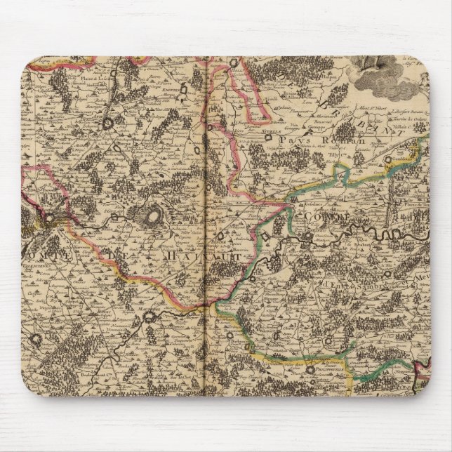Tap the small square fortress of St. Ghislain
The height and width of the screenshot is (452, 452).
[x=112, y=222]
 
